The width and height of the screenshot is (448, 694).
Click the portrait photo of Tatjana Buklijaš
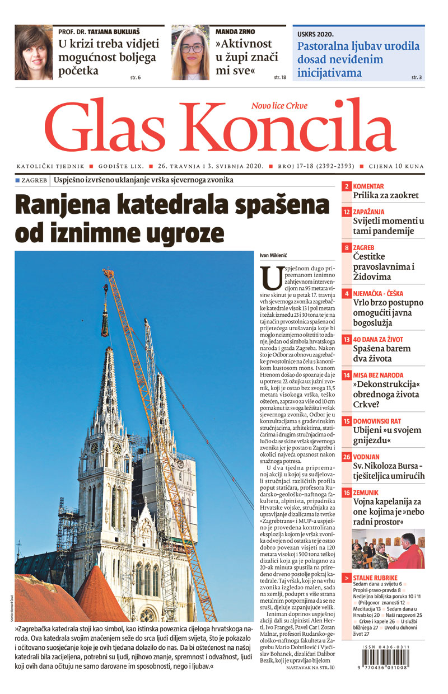pos(33,53)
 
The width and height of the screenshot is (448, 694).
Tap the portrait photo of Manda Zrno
pos(190,53)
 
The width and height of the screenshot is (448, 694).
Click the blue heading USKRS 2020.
pos(315,34)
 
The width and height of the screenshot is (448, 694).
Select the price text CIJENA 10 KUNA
pos(395,167)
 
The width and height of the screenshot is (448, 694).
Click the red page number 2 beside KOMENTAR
pos(347,186)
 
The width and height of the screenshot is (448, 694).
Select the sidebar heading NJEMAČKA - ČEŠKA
pos(386,293)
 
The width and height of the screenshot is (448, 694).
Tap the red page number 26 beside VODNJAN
pos(347,457)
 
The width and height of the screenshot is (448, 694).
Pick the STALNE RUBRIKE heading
pos(375,578)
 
